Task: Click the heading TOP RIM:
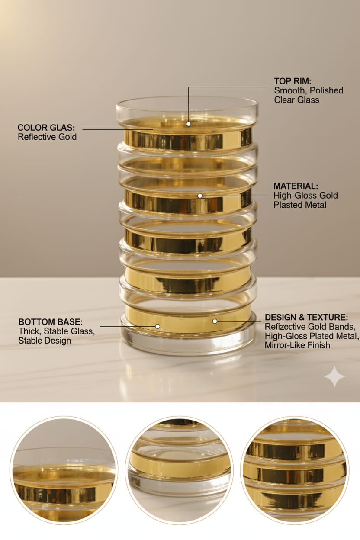[293, 81]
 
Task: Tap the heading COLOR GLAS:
[46, 128]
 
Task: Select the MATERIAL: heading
[296, 186]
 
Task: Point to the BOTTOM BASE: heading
[51, 322]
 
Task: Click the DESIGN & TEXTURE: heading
[306, 317]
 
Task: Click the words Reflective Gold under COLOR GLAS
[47, 137]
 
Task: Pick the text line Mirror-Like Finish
[297, 345]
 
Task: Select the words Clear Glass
[296, 100]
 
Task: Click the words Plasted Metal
[300, 205]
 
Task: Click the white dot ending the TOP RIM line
[189, 124]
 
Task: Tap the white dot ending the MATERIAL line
[200, 196]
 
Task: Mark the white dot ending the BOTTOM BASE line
[157, 326]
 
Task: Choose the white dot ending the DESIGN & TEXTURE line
[215, 321]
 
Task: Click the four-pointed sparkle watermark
[334, 376]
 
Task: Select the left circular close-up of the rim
[64, 470]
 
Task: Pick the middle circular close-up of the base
[179, 470]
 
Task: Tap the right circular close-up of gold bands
[295, 470]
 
